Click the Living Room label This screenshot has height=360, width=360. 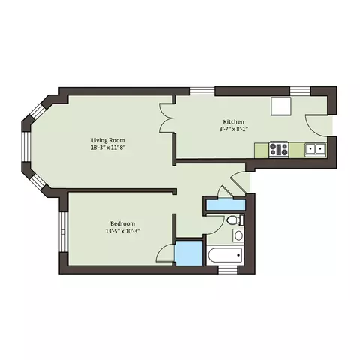(x=108, y=140)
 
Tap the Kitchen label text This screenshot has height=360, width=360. (x=233, y=122)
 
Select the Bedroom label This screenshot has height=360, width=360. (x=122, y=223)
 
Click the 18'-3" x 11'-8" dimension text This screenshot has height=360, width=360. (x=108, y=148)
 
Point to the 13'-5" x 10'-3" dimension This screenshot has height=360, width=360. (x=122, y=231)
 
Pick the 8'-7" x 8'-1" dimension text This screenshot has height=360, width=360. (x=233, y=129)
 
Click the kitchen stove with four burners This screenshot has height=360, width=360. (x=279, y=149)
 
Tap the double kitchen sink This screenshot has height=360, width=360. (x=315, y=149)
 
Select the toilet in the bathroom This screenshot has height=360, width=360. (x=235, y=220)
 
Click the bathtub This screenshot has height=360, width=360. (x=224, y=255)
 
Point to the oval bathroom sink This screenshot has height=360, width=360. (x=238, y=235)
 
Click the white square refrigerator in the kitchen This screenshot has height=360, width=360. (x=281, y=106)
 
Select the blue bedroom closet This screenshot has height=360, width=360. (x=188, y=253)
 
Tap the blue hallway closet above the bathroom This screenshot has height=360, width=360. (x=226, y=205)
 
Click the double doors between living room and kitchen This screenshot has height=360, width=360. (x=166, y=118)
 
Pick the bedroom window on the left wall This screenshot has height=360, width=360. (x=64, y=232)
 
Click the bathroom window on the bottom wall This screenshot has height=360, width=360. (x=228, y=270)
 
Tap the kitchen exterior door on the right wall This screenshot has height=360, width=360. (x=316, y=126)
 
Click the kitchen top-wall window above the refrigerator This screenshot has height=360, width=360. (x=300, y=91)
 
